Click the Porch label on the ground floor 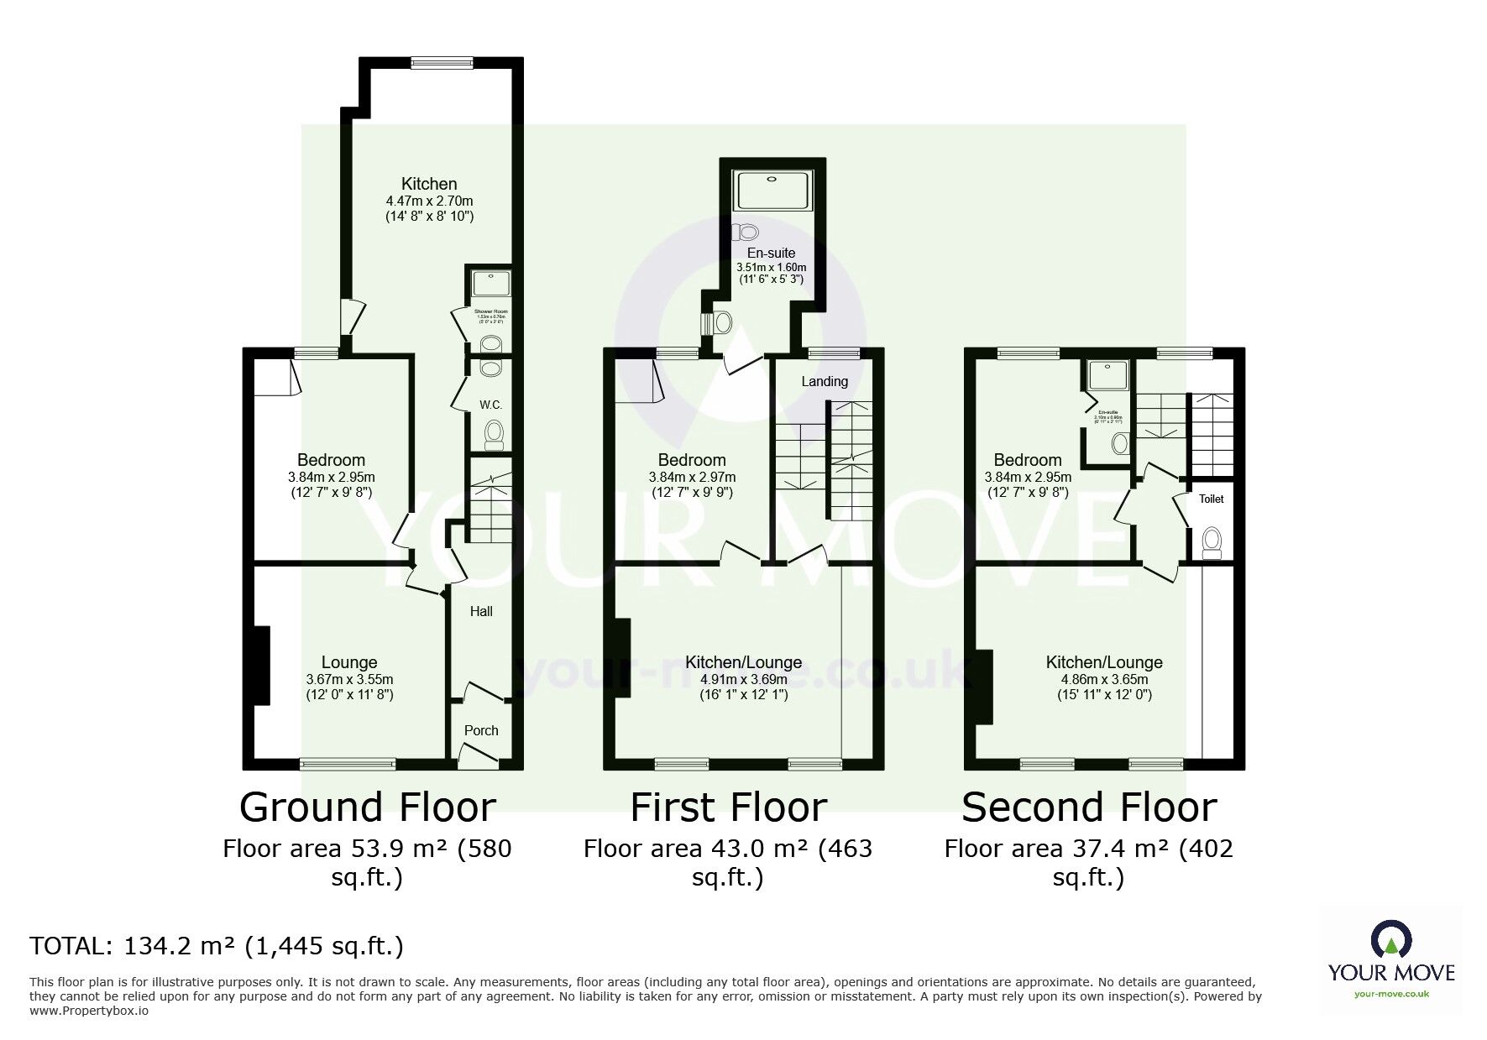481,730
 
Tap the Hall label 481,611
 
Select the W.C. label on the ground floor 491,405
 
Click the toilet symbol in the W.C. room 494,434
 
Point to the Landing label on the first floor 825,381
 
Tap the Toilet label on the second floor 1211,499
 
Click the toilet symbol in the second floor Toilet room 1211,542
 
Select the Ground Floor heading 368,807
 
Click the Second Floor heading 1089,807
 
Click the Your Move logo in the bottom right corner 1390,956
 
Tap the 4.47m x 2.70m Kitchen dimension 429,201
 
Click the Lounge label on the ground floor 348,662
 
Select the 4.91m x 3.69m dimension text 743,679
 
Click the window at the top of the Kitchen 442,61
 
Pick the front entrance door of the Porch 479,757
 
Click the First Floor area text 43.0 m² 728,849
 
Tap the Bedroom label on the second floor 1028,460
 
